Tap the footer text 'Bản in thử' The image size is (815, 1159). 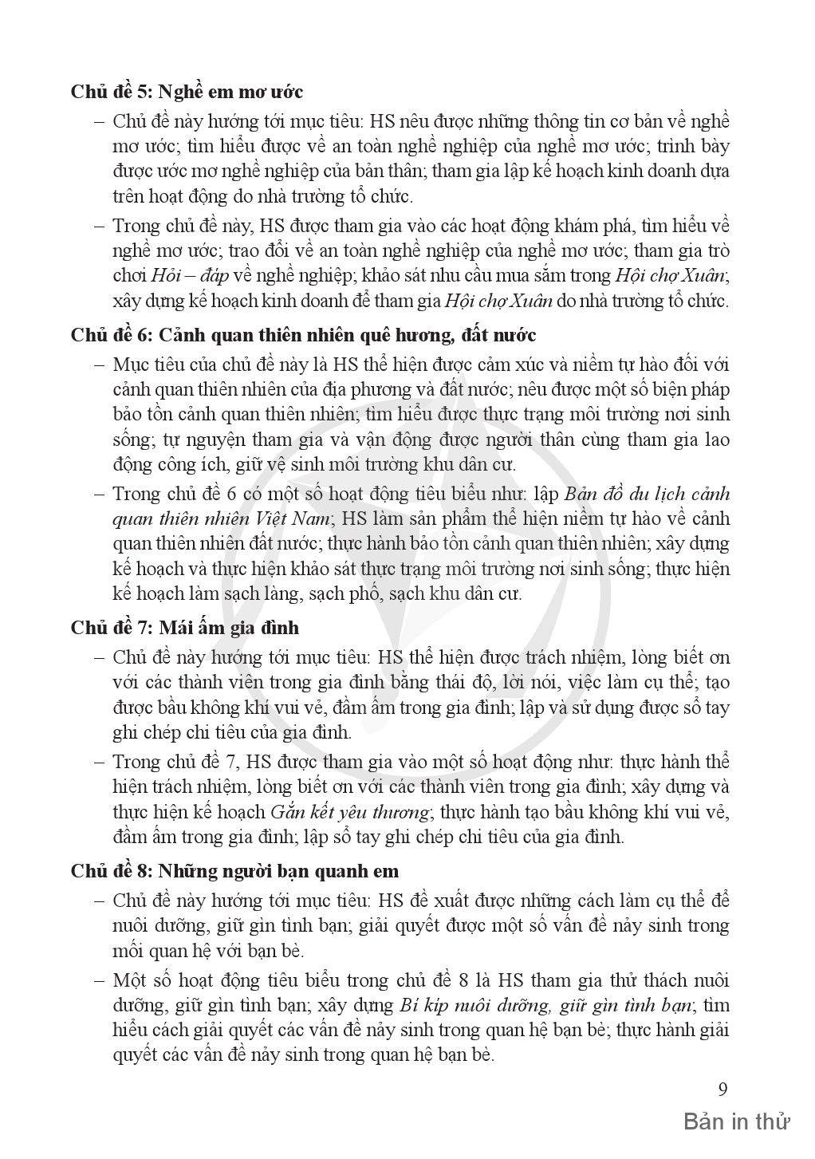(736, 1122)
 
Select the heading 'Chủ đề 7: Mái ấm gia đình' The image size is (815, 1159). (184, 627)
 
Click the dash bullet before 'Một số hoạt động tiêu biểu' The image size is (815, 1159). (99, 980)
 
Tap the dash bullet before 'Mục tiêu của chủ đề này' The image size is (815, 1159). (99, 365)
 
